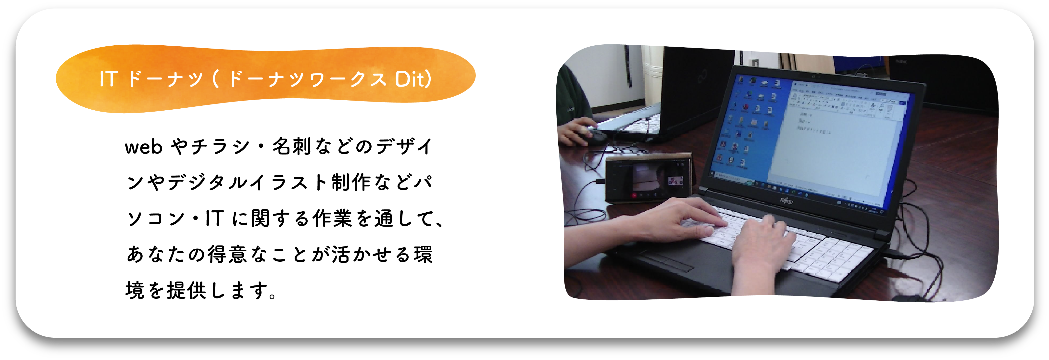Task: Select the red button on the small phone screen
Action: pyautogui.click(x=634, y=195)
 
